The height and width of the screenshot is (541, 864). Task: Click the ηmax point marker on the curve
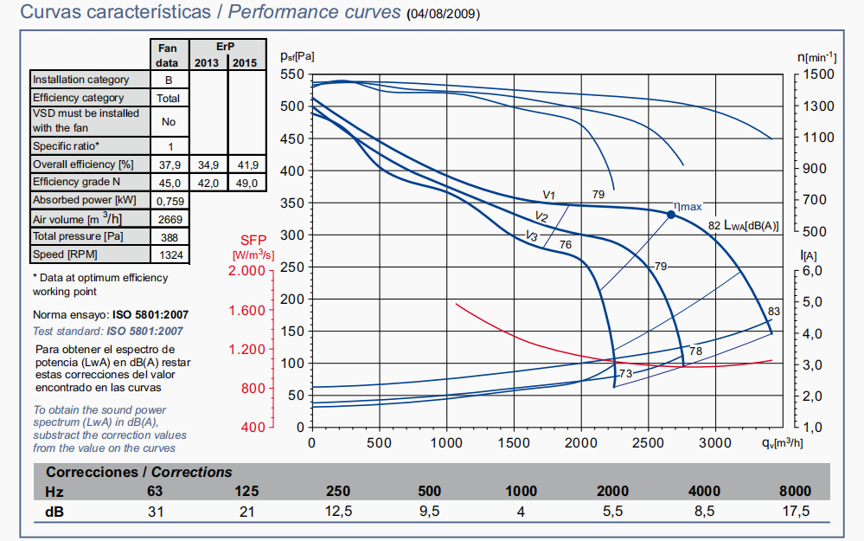click(x=670, y=215)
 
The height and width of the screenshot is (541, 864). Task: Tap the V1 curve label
click(x=548, y=195)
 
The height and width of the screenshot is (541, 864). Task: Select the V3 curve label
click(x=533, y=236)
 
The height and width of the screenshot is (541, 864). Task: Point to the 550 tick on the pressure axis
click(x=293, y=75)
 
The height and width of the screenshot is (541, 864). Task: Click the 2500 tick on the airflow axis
click(x=648, y=442)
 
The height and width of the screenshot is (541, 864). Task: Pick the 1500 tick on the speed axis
click(x=818, y=75)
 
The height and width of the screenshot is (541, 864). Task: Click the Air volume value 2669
click(x=169, y=219)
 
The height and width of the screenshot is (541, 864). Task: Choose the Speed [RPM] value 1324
click(x=169, y=255)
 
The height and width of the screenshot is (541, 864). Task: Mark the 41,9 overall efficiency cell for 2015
click(x=247, y=164)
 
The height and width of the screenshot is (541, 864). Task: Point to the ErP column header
click(x=227, y=45)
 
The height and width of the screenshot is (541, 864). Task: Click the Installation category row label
click(x=81, y=80)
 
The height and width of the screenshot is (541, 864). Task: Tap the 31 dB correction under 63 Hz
click(x=155, y=512)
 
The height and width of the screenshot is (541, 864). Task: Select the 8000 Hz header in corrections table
click(x=796, y=492)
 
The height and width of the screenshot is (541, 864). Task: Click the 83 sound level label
click(x=774, y=312)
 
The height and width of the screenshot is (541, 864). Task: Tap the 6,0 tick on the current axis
click(x=819, y=271)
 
